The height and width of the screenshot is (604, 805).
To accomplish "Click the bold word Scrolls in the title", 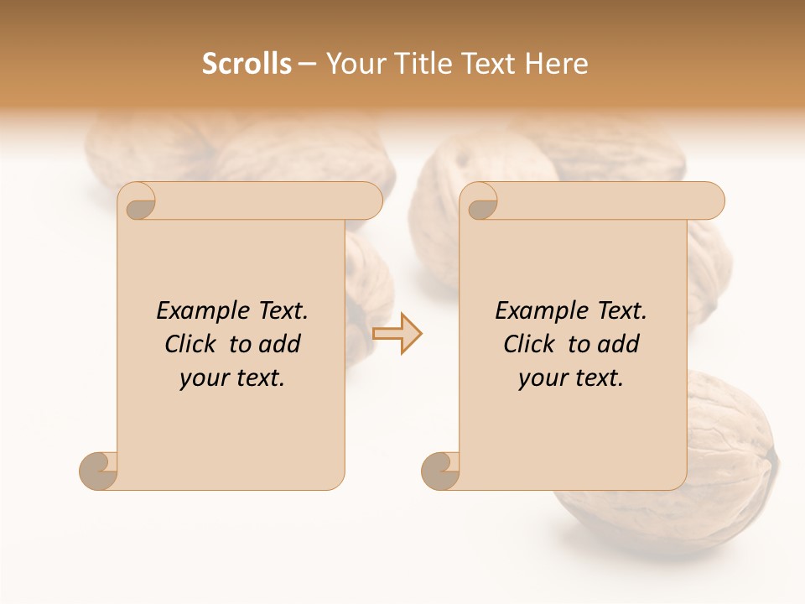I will coord(247,64).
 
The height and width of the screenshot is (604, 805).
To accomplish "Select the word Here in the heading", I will coord(558,64).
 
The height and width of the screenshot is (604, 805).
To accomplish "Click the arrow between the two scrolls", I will coord(397,333).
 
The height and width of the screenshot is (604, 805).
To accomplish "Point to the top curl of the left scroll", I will coord(138,201).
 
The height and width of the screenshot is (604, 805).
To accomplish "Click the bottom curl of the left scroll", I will coord(97,471).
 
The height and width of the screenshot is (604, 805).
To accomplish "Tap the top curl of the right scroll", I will coord(480,201).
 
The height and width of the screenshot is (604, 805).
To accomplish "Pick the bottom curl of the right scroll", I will coord(439,471).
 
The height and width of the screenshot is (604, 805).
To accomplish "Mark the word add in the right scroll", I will coord(620,344).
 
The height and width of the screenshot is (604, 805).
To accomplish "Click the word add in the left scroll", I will coord(281,344).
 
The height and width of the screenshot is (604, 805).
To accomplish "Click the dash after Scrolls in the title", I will coord(307,65).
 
